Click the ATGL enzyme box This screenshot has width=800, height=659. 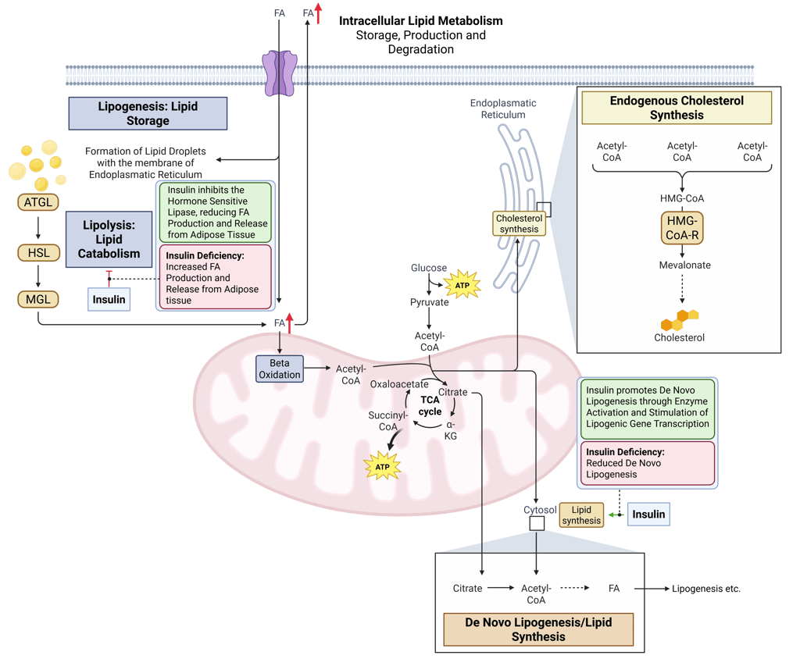coord(38,203)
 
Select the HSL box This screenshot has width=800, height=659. coord(38,252)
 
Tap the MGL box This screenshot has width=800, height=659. coord(38,298)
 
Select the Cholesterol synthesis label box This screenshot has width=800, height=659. coord(519,224)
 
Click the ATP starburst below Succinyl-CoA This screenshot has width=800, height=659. coord(382,467)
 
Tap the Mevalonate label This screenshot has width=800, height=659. coord(684,265)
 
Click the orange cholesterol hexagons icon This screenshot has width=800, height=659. coord(679,319)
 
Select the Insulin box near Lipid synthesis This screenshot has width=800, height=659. coord(648,515)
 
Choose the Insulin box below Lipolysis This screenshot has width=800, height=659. coord(109,299)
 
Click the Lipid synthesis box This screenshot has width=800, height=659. coord(581,515)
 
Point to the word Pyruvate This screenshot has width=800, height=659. coord(430,302)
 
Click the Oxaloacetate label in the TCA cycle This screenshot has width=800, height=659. coord(398,384)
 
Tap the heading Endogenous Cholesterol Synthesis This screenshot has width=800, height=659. coord(677,108)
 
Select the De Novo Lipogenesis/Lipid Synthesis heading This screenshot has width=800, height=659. coord(538,629)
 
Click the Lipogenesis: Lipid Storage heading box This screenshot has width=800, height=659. coord(148,113)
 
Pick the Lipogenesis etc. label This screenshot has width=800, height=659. coord(705,589)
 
